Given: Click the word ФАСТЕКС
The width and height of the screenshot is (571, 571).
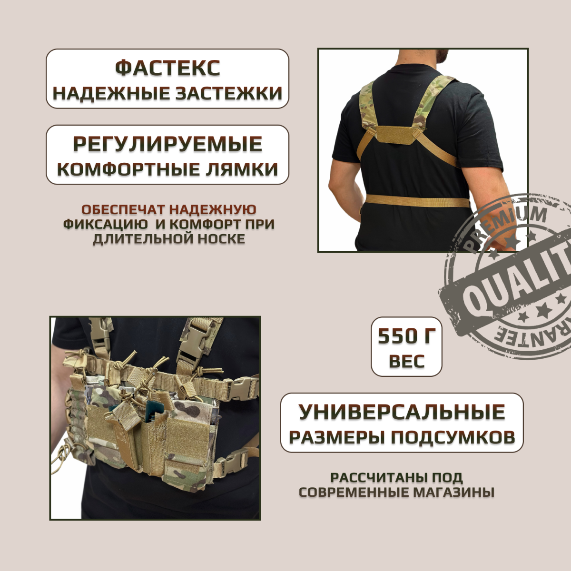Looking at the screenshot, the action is click(167, 68).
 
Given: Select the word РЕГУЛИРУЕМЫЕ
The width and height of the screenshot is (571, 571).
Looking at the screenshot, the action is click(167, 144).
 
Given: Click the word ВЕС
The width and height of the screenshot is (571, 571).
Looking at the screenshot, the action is click(406, 361).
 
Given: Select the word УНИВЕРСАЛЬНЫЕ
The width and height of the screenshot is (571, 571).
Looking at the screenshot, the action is click(402, 412).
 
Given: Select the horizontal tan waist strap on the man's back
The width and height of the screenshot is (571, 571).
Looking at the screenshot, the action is click(417, 200).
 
